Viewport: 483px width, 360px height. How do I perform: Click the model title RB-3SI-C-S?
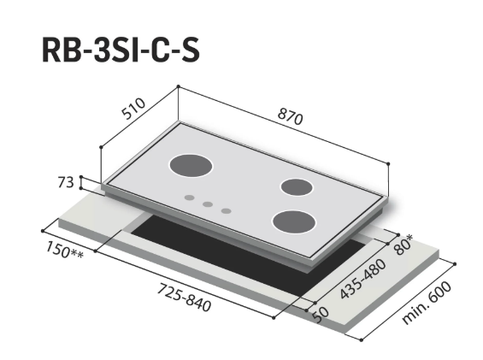coord(121,50)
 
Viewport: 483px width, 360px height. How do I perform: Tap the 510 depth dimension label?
coord(133,109)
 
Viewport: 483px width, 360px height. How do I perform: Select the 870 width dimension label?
coord(290,117)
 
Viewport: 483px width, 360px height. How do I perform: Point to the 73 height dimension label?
coord(66,182)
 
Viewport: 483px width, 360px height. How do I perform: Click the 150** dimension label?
coord(64,250)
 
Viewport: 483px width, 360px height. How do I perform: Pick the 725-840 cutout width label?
coord(184,298)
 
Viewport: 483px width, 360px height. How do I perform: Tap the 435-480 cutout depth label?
coord(362,279)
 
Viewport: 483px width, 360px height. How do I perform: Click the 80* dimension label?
coord(403,245)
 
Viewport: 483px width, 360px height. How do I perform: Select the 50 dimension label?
coord(321,315)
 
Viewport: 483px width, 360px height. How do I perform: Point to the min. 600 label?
coord(427,303)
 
